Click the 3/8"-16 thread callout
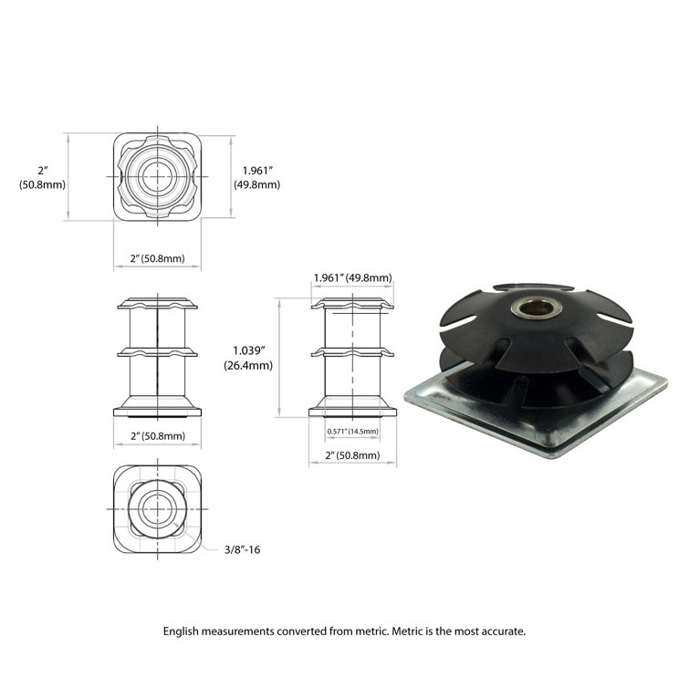point(245,549)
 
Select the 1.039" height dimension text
point(248,350)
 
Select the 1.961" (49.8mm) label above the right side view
point(352,277)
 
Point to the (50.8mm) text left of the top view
point(42,184)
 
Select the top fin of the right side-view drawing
point(353,304)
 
